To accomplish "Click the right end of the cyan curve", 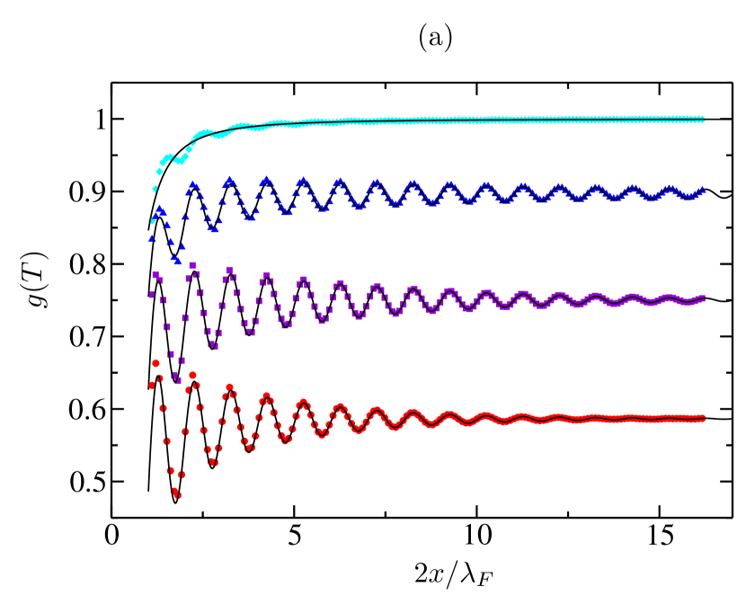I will tap(704, 120).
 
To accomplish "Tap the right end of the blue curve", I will tap(704, 191).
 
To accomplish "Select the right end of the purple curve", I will tap(704, 298).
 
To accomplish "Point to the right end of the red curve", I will tap(704, 418).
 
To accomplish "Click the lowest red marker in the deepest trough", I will tap(177, 494).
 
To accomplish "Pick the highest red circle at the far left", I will tap(155, 363).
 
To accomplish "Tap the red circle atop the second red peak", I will tap(192, 375).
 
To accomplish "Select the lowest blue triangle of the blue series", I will tap(178, 262).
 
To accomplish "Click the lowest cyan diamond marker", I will tap(152, 220).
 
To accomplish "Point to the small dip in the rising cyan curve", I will tap(180, 160).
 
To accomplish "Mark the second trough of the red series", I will tap(213, 462).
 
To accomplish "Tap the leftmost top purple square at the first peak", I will tap(155, 275).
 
